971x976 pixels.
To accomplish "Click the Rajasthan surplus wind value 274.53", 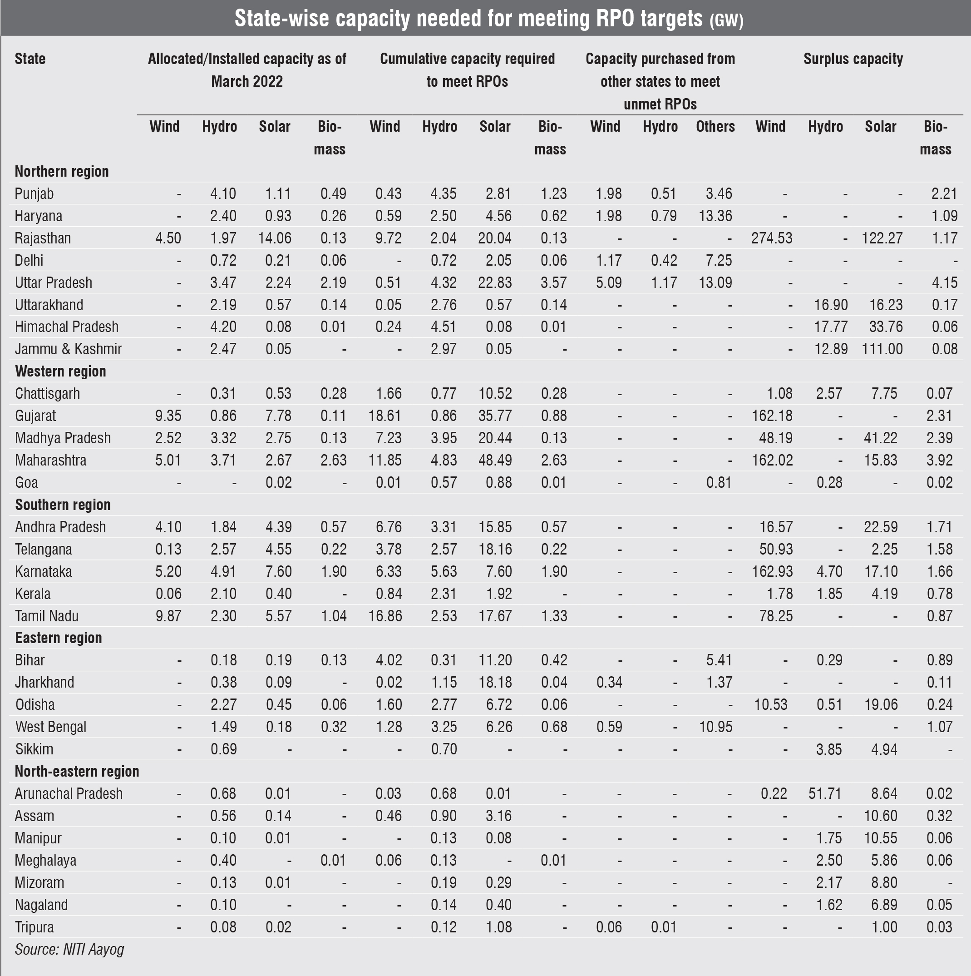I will [771, 238].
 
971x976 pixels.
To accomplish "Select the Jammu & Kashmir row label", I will [68, 349].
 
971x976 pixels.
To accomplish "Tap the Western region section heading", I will [60, 372].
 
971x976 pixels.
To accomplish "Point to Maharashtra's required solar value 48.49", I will [495, 460].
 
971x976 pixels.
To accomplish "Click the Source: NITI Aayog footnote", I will [69, 949].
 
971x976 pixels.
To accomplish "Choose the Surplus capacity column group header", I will [853, 59].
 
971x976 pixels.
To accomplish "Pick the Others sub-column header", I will [715, 126].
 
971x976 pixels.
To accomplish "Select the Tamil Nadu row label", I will [47, 616].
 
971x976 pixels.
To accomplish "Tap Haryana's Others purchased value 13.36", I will [715, 216].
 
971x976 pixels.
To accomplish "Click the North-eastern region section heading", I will [77, 772].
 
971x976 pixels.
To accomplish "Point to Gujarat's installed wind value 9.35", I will [168, 416].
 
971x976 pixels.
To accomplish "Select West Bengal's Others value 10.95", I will [715, 727].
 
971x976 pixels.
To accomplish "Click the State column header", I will [30, 59].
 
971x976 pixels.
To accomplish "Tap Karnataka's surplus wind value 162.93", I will [772, 571].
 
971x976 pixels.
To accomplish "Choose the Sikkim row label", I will [35, 749].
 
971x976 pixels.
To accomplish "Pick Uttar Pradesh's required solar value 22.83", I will [495, 282].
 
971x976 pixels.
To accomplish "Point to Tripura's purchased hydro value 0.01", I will [664, 927].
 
